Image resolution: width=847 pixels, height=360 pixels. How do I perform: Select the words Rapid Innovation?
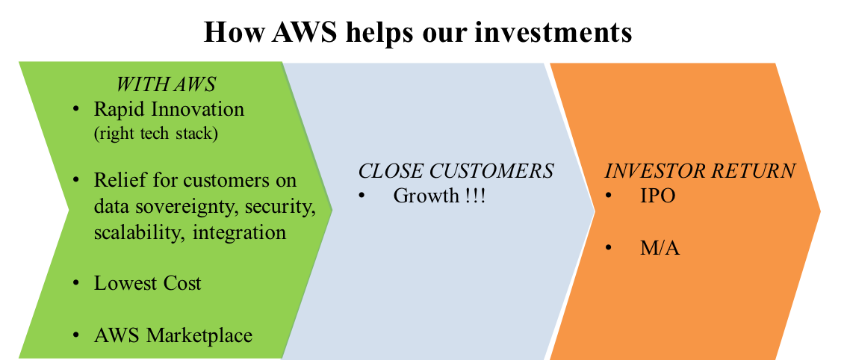point(169,109)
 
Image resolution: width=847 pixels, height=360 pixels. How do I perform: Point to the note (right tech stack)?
point(156,134)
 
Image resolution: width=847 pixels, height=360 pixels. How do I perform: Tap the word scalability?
point(140,232)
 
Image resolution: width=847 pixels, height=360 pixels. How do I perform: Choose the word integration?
point(239,232)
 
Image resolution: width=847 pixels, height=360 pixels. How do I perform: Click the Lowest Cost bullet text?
point(147,283)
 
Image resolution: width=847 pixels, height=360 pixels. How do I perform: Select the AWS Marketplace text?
point(173,335)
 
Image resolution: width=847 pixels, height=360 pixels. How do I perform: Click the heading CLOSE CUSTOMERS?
point(456,171)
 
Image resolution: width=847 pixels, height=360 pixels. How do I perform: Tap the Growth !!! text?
point(439,196)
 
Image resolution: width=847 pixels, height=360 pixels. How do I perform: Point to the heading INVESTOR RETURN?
point(700,171)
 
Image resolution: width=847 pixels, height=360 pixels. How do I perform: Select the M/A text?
point(660,248)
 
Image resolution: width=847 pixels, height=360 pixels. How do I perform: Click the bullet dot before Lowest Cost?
point(76,284)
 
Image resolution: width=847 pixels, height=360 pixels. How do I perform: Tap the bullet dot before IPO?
point(609,196)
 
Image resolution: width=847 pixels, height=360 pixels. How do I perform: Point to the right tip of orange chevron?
point(819,211)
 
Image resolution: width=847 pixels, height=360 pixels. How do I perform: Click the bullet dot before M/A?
point(609,248)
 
